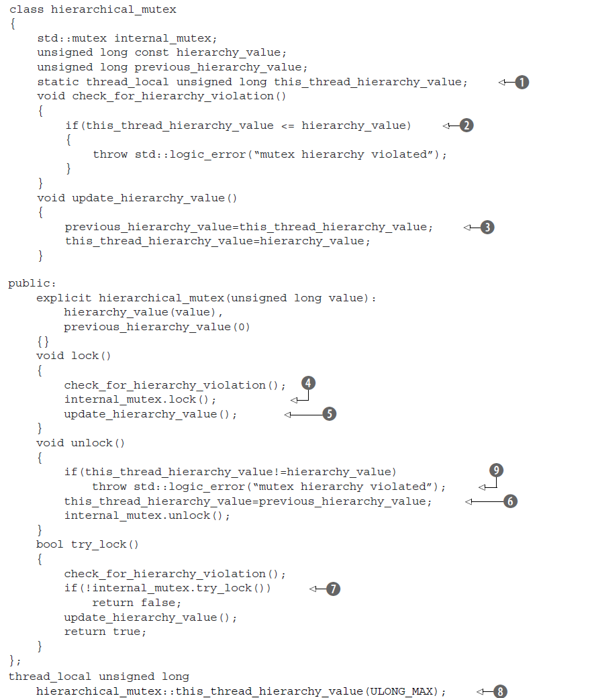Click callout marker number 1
[x=522, y=82]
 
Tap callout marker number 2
[x=466, y=126]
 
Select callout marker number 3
[x=487, y=227]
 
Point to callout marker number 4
[x=308, y=383]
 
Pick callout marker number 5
[x=329, y=414]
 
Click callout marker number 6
[x=510, y=501]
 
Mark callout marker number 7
[x=333, y=589]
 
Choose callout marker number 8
[x=500, y=691]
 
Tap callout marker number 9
[x=496, y=470]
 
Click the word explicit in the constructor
[x=64, y=298]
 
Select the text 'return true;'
[x=105, y=632]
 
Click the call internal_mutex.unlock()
[x=147, y=515]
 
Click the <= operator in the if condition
[x=287, y=126]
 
